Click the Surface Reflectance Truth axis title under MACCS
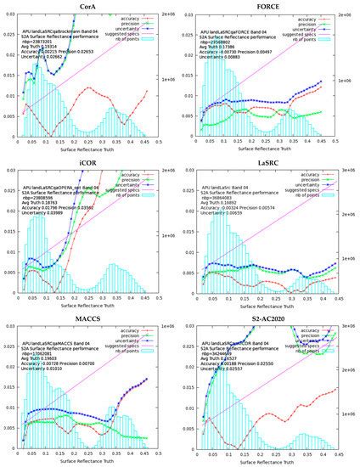83,462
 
